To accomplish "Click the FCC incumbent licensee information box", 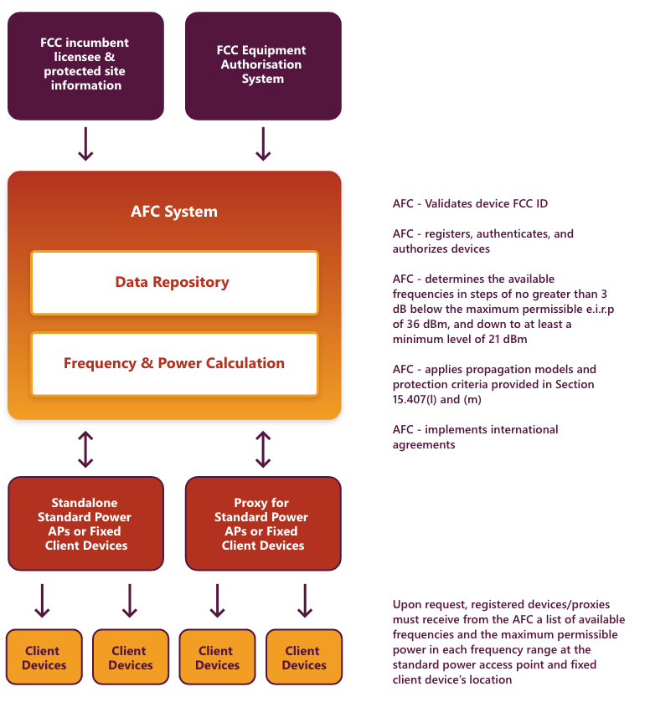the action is pos(85,66).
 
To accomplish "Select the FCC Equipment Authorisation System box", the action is pos(263,66).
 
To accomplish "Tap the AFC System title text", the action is pos(174,212).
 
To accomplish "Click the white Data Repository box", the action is pos(174,283).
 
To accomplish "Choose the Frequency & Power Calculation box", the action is pos(174,364).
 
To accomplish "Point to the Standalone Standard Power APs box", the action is pos(85,524).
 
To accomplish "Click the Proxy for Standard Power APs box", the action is pos(263,524).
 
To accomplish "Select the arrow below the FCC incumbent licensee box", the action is pos(85,144).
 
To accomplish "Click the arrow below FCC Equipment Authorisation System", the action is pos(263,144).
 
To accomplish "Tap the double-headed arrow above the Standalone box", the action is pos(85,449).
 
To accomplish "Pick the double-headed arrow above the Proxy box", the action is pos(263,449).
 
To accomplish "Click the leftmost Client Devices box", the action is pos(44,657).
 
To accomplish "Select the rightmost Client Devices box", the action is pos(304,657).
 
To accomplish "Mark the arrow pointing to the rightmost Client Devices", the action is pos(305,601).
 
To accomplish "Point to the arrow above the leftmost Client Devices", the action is pos(42,601).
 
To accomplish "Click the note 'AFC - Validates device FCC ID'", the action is pos(470,203).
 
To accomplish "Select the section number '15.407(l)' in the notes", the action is pos(415,399).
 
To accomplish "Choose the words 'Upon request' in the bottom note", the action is pos(430,605).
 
